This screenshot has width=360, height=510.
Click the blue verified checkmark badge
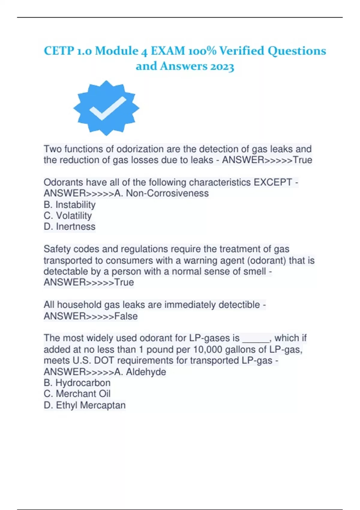(x=106, y=108)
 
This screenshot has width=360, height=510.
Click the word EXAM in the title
(x=168, y=51)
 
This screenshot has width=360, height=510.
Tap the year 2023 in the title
(x=222, y=66)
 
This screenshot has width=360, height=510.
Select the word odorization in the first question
(x=140, y=149)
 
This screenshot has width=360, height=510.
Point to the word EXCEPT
(x=273, y=182)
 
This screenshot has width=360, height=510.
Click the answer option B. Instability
(x=70, y=205)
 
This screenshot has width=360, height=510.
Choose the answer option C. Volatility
(x=68, y=216)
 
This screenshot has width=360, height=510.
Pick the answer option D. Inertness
(x=70, y=226)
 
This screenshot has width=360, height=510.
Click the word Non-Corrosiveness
(x=167, y=193)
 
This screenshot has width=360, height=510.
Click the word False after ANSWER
(x=126, y=316)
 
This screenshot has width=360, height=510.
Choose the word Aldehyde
(x=146, y=372)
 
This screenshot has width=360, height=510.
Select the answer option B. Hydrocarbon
(x=77, y=383)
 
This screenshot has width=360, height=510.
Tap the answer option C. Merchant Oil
(x=77, y=394)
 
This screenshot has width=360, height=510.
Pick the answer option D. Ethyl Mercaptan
(x=85, y=405)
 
